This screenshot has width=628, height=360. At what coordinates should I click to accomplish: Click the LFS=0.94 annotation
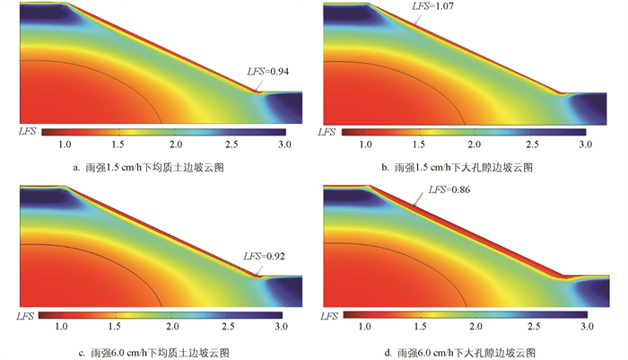click(268, 71)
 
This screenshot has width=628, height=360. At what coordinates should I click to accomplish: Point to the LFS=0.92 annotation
click(265, 256)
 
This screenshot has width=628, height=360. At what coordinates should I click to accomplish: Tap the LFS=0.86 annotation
click(449, 190)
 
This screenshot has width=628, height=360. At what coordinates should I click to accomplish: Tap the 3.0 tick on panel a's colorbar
click(284, 144)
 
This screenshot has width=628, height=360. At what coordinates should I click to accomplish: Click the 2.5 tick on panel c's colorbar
click(230, 329)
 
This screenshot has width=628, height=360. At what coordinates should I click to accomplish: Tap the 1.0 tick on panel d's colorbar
click(363, 329)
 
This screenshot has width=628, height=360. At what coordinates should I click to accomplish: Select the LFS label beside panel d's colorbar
click(328, 317)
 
